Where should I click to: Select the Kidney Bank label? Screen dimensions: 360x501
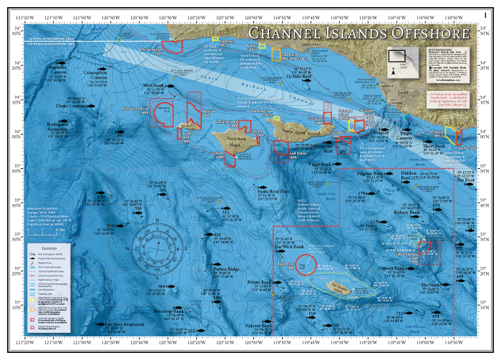pyautogui.click(x=407, y=213)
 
